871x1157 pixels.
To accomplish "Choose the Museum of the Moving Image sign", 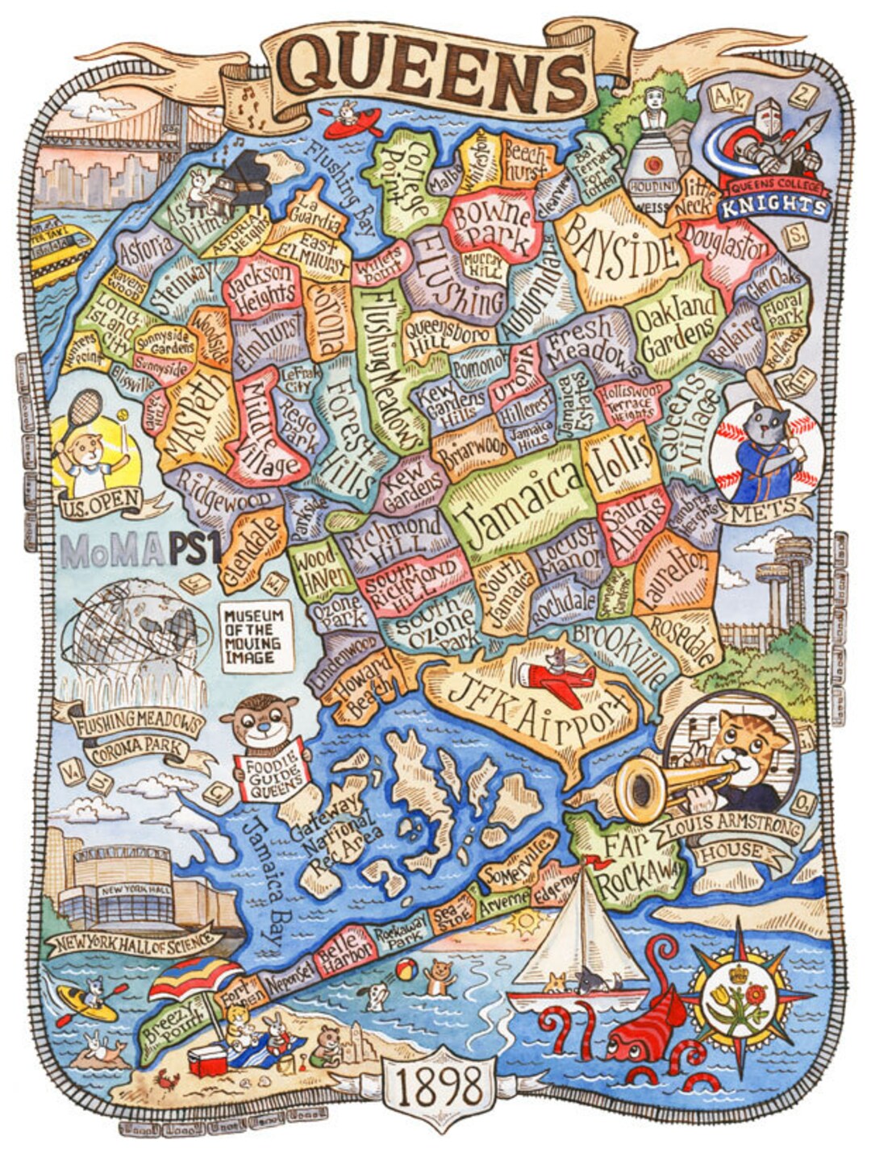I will click(253, 636).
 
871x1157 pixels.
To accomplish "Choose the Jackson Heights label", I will click(261, 287).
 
